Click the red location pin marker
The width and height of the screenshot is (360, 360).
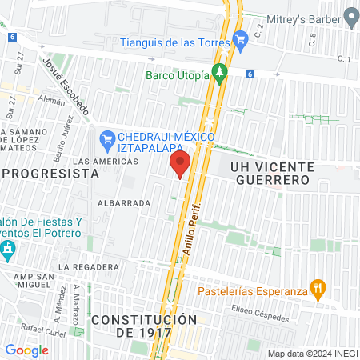coord(179,165)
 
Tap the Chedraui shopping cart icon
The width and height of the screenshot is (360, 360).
coord(107,138)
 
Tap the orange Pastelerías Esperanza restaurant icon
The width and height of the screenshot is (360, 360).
coord(318,288)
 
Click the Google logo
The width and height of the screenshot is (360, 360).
coord(26,350)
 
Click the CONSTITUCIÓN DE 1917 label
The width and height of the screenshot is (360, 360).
coord(144,326)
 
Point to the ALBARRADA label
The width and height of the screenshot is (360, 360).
coord(124,203)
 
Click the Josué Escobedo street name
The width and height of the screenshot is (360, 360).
coord(66,86)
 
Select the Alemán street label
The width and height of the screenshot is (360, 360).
coord(51,101)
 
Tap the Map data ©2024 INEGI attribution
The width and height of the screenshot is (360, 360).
coord(312,354)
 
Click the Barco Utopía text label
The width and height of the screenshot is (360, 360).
coord(178,75)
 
